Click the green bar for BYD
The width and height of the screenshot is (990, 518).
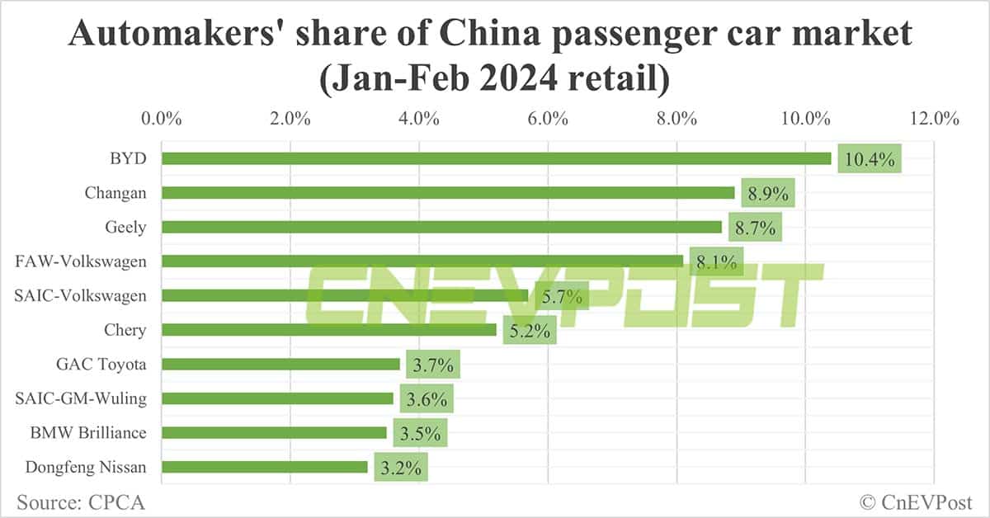tap(495, 158)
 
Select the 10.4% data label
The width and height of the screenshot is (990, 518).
tap(870, 159)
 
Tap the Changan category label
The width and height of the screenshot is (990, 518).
tap(115, 193)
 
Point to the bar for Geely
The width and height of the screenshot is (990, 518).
tap(441, 227)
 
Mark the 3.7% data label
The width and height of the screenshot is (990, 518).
tap(430, 365)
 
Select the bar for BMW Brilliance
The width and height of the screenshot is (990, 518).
tap(274, 432)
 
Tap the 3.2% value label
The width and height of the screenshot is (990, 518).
tap(401, 468)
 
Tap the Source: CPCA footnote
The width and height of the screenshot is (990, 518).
tap(74, 501)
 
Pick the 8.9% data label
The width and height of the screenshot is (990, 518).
tap(767, 194)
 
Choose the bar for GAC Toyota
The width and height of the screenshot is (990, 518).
tap(280, 364)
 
